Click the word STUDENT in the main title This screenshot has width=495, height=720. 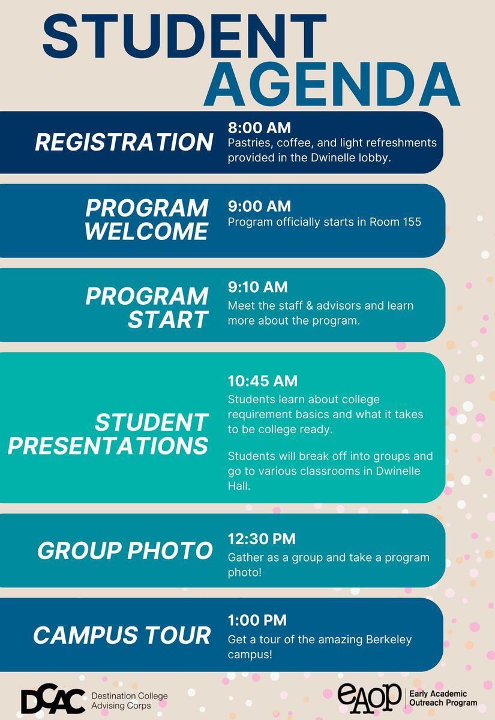point(185,35)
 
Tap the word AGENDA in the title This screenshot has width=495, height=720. point(332,83)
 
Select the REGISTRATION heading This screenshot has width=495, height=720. point(124,142)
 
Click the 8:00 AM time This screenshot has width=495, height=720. point(259,128)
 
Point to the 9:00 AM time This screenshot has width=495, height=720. point(259,206)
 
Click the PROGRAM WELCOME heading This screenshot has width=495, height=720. point(147,220)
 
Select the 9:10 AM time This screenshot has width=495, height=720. point(257,287)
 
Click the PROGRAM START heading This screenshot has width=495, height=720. point(147,308)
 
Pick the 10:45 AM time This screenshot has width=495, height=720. point(263,381)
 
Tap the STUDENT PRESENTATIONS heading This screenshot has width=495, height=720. point(109,434)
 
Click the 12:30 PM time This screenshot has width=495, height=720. point(262,539)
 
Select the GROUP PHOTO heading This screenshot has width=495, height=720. point(125,551)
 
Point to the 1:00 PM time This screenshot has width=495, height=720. point(257,620)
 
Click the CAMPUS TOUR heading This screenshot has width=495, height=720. point(122,635)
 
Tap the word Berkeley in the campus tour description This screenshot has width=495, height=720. point(389,640)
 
